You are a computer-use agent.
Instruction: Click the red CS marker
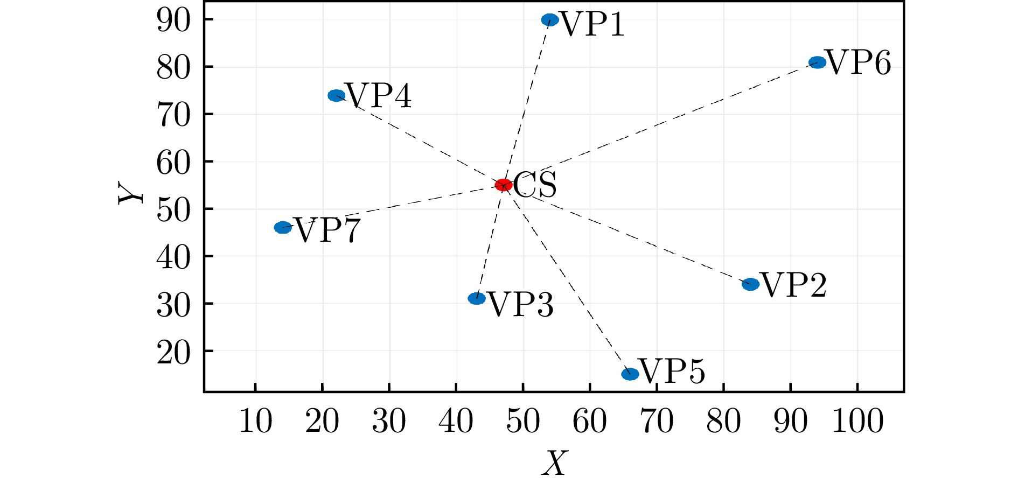[x=503, y=185]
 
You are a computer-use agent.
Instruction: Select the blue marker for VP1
[x=549, y=20]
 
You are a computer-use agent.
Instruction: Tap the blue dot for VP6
[x=817, y=62]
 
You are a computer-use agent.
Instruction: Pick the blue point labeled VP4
[x=336, y=96]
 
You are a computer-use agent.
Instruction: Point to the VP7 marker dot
[x=283, y=228]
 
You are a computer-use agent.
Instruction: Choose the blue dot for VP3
[x=477, y=298]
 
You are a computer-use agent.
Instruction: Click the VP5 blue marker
[x=630, y=374]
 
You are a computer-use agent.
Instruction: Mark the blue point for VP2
[x=750, y=284]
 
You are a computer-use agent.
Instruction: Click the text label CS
[x=534, y=185]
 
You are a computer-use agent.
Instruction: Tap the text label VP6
[x=859, y=63]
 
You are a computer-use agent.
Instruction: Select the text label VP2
[x=794, y=285]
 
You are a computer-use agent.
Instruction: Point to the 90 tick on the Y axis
[x=173, y=20]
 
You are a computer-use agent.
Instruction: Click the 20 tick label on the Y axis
[x=173, y=353]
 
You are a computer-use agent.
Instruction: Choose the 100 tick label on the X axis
[x=857, y=421]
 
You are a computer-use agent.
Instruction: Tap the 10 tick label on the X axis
[x=255, y=421]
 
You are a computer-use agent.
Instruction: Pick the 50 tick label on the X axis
[x=522, y=421]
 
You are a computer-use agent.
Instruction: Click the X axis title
[x=555, y=463]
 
